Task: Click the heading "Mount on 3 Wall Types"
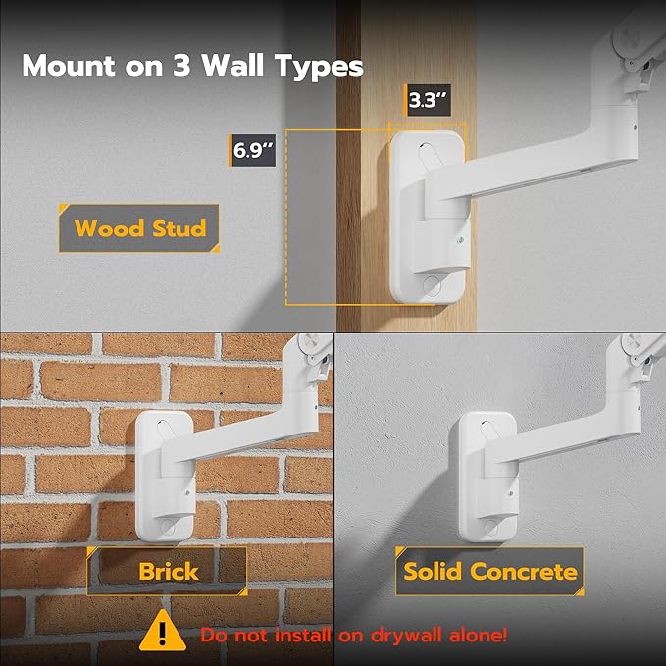click(x=192, y=67)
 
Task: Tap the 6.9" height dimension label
click(x=252, y=152)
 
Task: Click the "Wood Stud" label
click(x=140, y=230)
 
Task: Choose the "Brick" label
click(x=167, y=571)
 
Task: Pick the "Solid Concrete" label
click(x=490, y=571)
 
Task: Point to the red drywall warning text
click(x=354, y=634)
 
